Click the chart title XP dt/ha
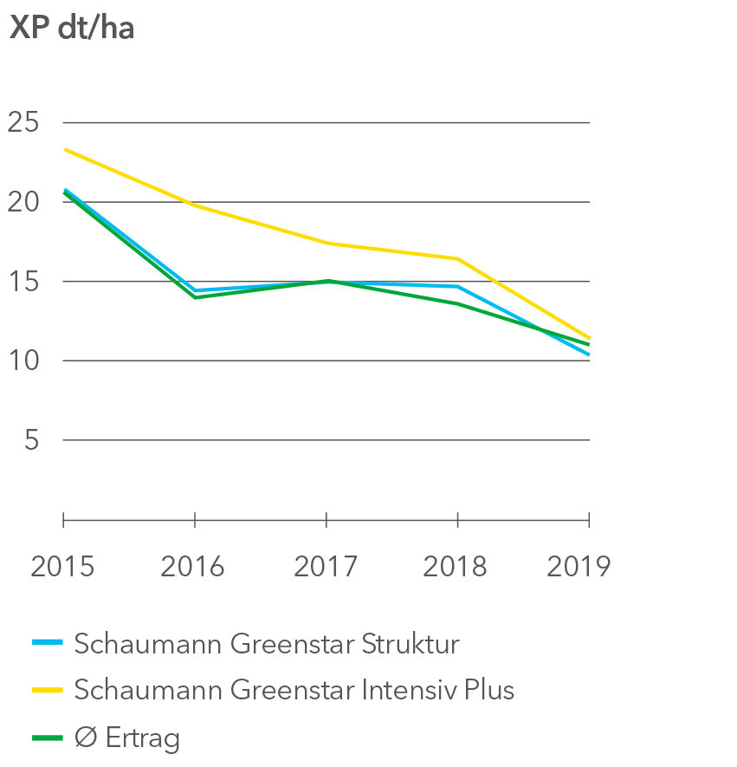point(72,28)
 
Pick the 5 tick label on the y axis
point(32,440)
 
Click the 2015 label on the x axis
point(62,567)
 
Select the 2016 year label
point(193,567)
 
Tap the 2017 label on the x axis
point(326,567)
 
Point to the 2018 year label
point(456,567)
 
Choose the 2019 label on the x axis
point(579,567)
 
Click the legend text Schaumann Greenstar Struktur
point(267,644)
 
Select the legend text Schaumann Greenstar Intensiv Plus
point(294,690)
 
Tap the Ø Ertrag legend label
point(127,738)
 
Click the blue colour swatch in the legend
point(48,643)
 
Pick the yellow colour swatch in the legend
point(48,690)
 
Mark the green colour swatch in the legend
point(48,738)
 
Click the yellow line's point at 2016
point(195,205)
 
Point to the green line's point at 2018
point(457,303)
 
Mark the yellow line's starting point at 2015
point(64,149)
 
